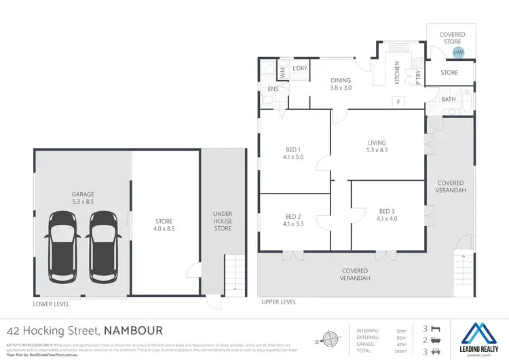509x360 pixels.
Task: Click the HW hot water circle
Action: (x=458, y=52)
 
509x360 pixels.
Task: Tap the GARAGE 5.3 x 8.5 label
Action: (x=83, y=198)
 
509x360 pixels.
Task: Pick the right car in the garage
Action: (x=104, y=246)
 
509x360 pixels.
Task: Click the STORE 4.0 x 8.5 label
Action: (x=164, y=225)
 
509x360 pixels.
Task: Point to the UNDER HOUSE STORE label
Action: (x=223, y=221)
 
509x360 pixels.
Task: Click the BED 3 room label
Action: (x=389, y=214)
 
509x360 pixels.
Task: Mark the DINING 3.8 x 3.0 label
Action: (x=341, y=84)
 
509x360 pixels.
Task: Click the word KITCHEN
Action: (x=398, y=73)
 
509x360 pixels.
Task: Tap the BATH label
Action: (x=449, y=100)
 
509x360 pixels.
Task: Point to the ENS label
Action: (x=273, y=89)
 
